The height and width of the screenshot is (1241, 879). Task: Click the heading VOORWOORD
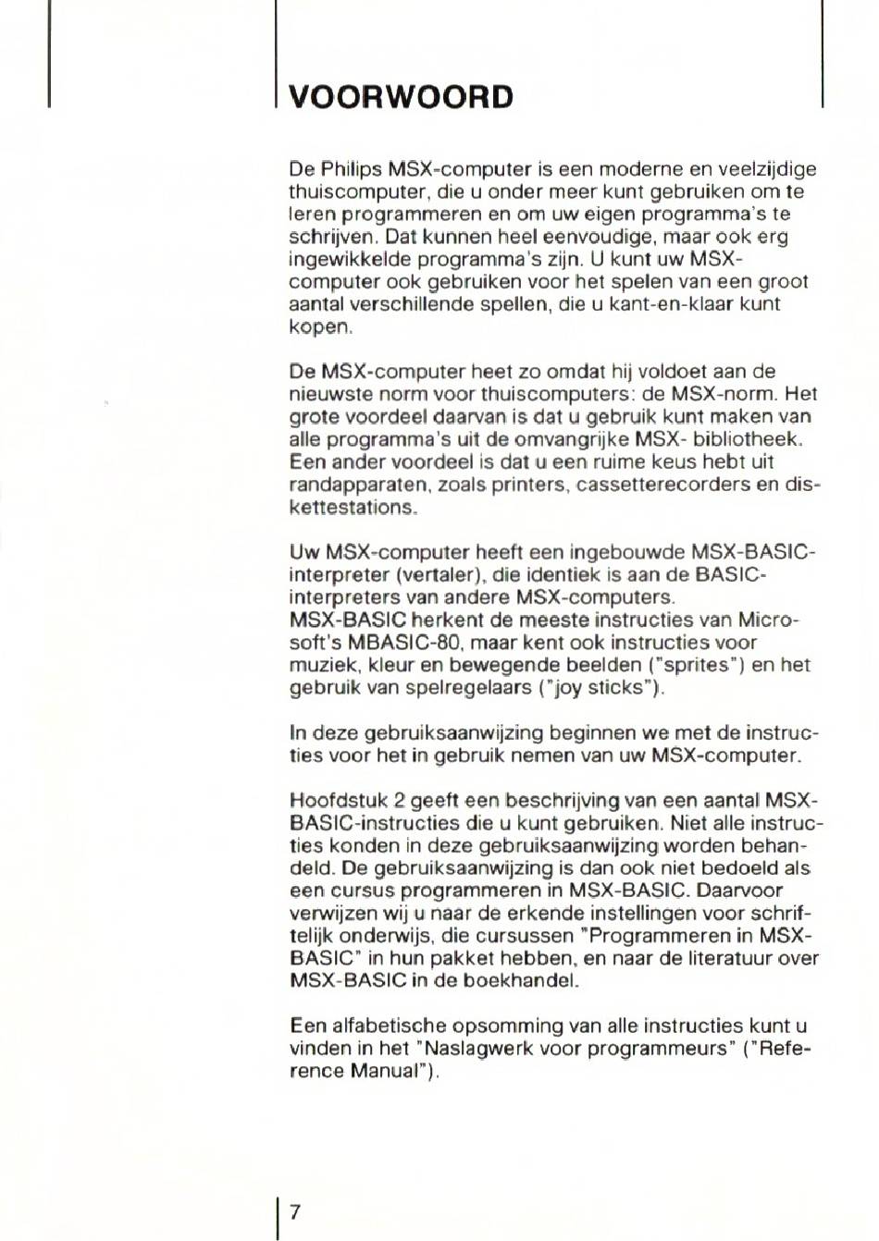(x=401, y=97)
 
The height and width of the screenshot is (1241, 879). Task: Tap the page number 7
(x=295, y=1211)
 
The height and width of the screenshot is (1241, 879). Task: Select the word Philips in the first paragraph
(x=352, y=169)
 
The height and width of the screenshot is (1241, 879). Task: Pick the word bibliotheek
(x=749, y=439)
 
